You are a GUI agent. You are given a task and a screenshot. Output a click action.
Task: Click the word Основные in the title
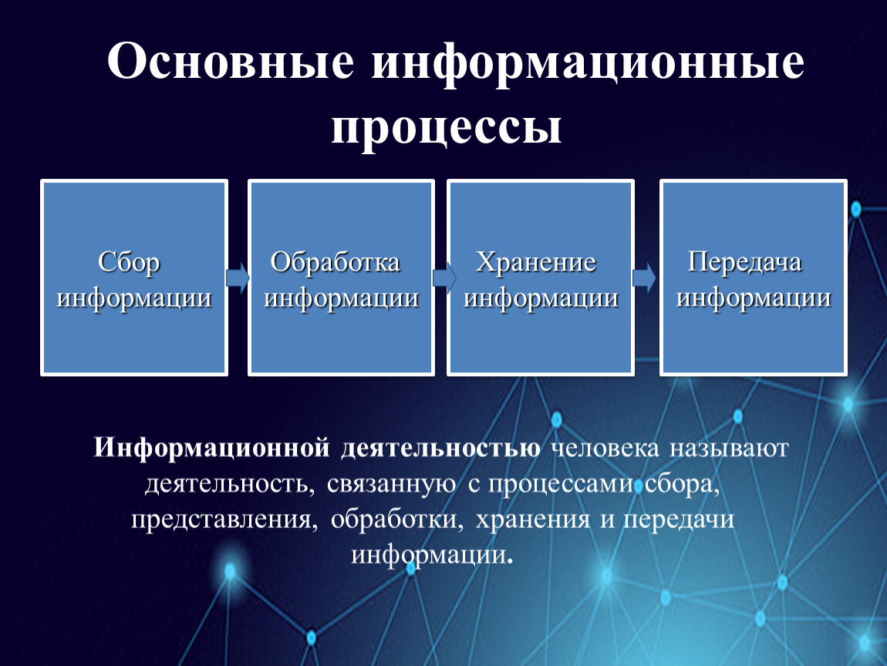pos(231,60)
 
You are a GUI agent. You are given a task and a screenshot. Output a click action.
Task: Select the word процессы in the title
pos(447,128)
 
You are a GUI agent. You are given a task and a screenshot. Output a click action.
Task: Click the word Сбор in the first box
pos(129,262)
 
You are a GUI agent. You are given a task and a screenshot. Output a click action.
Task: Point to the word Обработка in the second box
pos(336,262)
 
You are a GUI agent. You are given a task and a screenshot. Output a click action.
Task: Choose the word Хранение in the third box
pos(536,262)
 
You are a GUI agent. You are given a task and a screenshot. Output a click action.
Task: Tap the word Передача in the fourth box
pos(744,262)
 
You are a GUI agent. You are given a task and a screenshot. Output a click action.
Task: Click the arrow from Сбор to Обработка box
pos(238,278)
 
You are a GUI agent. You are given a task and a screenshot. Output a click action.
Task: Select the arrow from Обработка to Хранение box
pos(444,278)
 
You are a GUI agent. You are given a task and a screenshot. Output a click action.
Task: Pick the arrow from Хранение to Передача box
pos(644,278)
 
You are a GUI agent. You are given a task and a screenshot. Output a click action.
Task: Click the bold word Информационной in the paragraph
pos(212,448)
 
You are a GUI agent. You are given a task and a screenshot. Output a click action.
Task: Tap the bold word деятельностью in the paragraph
pos(441,448)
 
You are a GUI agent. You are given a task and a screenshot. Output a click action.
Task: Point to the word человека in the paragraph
pos(605,449)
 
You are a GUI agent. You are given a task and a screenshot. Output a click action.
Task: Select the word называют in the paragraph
pos(730,449)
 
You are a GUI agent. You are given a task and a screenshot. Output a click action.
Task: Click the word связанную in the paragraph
pos(392,485)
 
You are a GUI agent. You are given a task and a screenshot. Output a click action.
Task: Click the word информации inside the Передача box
pos(754,298)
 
